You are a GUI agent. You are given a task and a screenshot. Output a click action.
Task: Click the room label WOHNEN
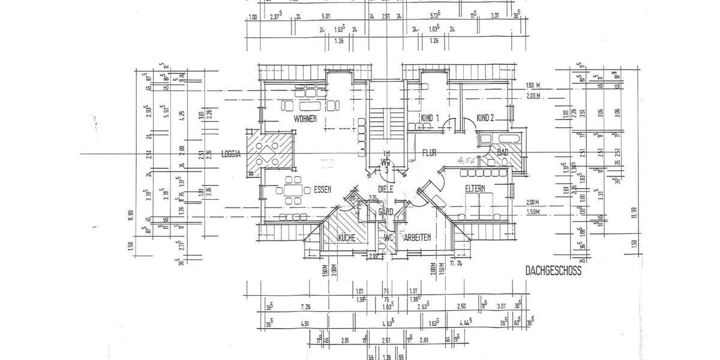[305, 119]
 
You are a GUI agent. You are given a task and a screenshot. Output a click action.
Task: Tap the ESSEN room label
[322, 190]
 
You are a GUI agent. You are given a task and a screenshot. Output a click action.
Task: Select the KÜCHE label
[346, 238]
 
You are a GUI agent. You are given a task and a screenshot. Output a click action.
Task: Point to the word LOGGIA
[230, 154]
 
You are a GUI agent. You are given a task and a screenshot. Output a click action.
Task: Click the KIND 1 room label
[430, 118]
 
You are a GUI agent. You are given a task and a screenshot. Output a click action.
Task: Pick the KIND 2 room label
[485, 118]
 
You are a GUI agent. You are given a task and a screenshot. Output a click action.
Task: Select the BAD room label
[503, 153]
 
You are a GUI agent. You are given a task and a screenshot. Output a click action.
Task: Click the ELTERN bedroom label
[478, 189]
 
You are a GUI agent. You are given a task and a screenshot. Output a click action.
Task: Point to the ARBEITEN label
[418, 238]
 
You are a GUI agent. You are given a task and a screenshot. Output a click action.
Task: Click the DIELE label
[385, 188]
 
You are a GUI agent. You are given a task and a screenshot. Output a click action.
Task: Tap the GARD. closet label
[385, 211]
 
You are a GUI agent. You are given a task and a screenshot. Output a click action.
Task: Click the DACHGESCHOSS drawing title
[553, 271]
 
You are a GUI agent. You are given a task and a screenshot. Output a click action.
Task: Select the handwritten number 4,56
[466, 160]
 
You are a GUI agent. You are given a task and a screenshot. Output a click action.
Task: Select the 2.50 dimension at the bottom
[460, 307]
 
